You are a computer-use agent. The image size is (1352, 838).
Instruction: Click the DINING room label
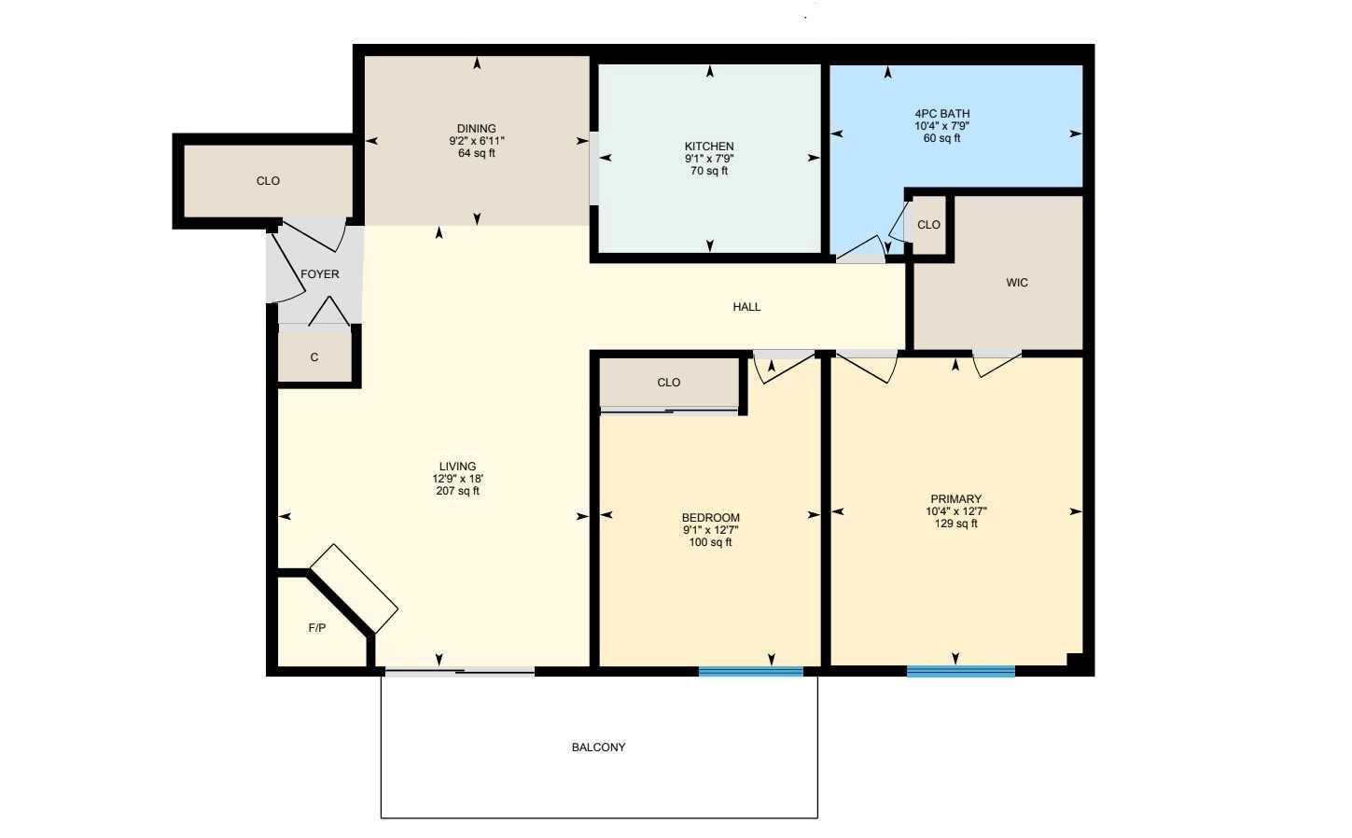point(476,129)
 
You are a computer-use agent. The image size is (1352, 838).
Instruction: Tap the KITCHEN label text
point(709,147)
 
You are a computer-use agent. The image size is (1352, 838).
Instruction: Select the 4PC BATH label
point(941,114)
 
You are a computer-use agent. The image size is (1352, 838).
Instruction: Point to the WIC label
point(1017,283)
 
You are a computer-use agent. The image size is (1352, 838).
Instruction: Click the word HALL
point(746,307)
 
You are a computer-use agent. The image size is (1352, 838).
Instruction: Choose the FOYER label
point(319,274)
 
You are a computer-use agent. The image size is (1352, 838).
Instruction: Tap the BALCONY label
point(598,747)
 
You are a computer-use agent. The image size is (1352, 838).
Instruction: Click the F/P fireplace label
point(317,628)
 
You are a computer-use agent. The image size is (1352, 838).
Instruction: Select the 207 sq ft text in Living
point(457,491)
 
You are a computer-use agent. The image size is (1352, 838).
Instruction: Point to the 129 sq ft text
point(955,524)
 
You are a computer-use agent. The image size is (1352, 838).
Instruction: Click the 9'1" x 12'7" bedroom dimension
point(710,530)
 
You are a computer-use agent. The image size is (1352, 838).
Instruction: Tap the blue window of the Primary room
point(960,670)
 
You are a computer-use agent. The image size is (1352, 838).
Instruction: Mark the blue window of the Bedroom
point(750,670)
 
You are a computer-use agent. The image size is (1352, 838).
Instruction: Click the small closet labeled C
point(314,357)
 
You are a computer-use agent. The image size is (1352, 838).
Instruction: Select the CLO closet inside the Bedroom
point(668,383)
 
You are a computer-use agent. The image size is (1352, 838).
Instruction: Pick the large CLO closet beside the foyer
point(268,181)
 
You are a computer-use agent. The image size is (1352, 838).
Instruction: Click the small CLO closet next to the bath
point(928,225)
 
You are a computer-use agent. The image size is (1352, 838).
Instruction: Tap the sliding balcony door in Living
point(459,671)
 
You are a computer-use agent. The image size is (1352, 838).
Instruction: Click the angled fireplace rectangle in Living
point(354,589)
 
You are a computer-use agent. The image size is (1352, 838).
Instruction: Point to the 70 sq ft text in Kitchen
point(709,171)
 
